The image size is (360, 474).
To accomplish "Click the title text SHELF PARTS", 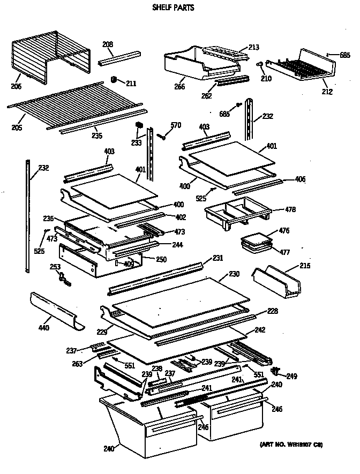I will (173, 8).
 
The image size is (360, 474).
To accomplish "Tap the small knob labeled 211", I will (114, 80).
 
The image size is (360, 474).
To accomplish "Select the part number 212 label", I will (327, 92).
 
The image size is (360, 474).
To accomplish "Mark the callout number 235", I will (97, 135).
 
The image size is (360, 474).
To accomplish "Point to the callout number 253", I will (55, 266).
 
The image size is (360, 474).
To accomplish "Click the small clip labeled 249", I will (277, 371).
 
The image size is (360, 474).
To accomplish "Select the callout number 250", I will (161, 260).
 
